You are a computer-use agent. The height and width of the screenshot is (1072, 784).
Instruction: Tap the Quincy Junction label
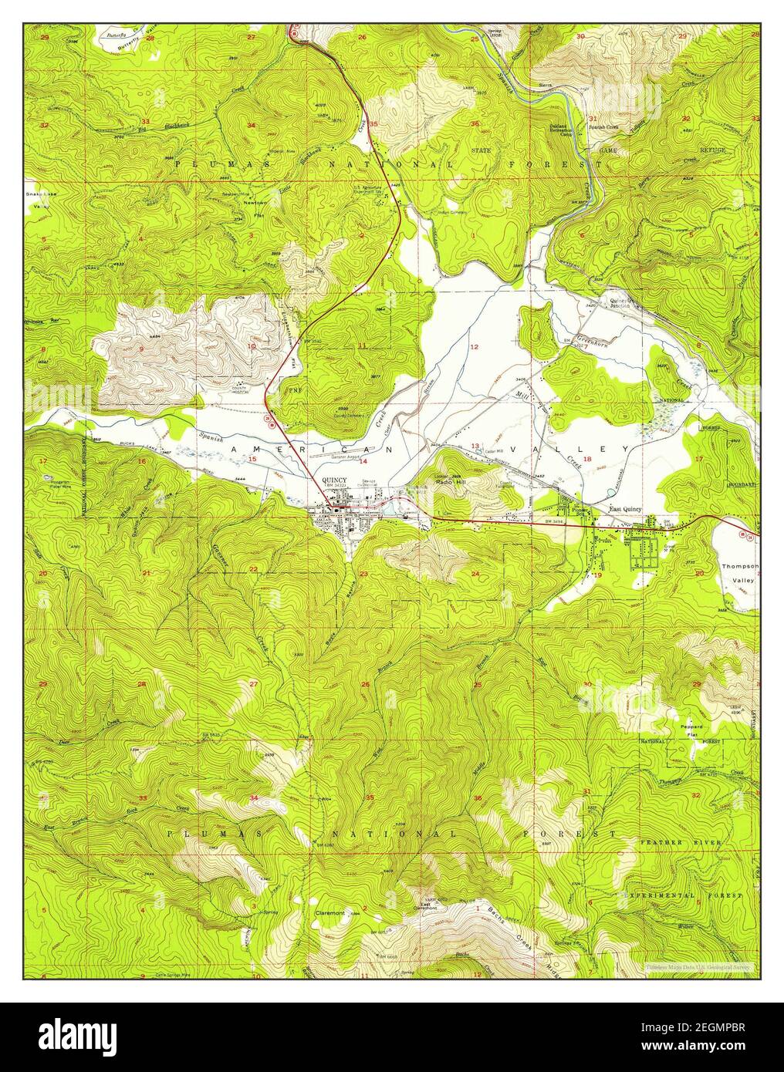coord(620,303)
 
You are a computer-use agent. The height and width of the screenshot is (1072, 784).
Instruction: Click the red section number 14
coord(362,460)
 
